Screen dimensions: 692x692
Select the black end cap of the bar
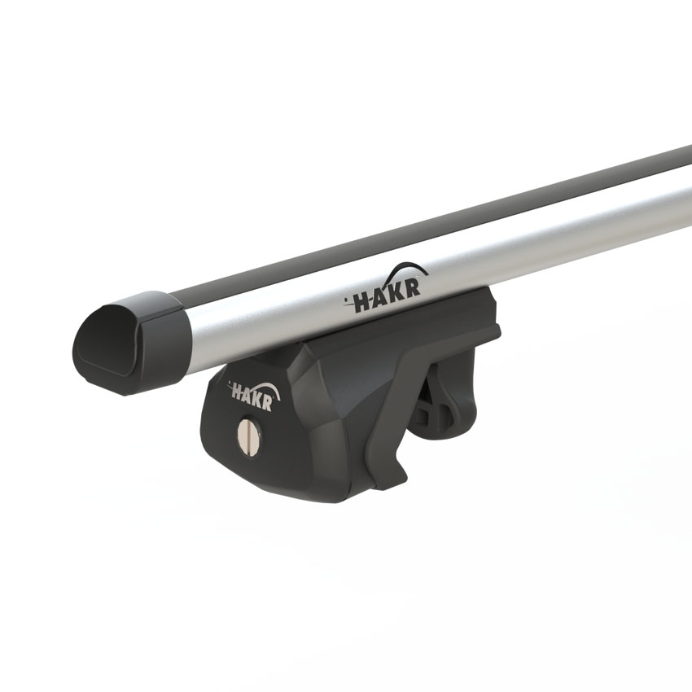point(130,339)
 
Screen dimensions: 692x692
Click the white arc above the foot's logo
point(266,388)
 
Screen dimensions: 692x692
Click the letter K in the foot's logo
point(258,394)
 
